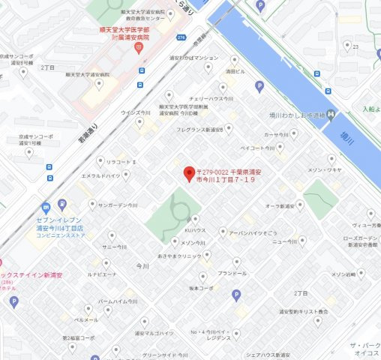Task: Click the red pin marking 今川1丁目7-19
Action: [190, 172]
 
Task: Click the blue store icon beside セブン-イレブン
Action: [46, 206]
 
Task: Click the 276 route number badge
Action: [180, 36]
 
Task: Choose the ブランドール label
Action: [232, 273]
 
